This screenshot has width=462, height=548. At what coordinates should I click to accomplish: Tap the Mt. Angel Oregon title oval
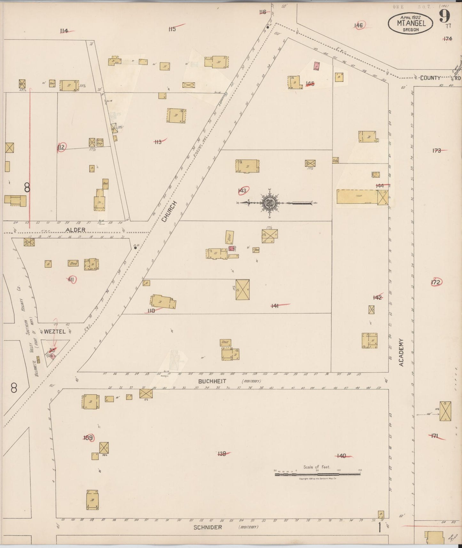[411, 23]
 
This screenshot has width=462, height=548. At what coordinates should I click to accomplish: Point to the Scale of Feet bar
[317, 474]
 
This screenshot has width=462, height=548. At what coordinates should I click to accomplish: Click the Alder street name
[75, 230]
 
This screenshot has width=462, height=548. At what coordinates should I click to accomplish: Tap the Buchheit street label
[212, 381]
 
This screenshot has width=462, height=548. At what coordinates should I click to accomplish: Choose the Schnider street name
[208, 527]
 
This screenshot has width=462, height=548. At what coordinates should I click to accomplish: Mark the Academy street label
[402, 353]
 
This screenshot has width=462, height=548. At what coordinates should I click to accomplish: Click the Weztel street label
[55, 332]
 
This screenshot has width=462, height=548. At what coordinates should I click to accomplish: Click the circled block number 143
[242, 191]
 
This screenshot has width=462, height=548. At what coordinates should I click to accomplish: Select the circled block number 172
[435, 282]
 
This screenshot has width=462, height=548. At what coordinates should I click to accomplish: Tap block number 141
[275, 306]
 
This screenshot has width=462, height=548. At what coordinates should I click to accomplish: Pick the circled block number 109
[88, 438]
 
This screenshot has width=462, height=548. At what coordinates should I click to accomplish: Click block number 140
[341, 456]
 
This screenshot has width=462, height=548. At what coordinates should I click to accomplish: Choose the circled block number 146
[359, 26]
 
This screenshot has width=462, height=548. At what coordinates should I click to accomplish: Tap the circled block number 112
[61, 147]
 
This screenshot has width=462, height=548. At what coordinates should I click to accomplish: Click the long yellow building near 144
[357, 197]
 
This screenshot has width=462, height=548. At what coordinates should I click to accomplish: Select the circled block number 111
[71, 280]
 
